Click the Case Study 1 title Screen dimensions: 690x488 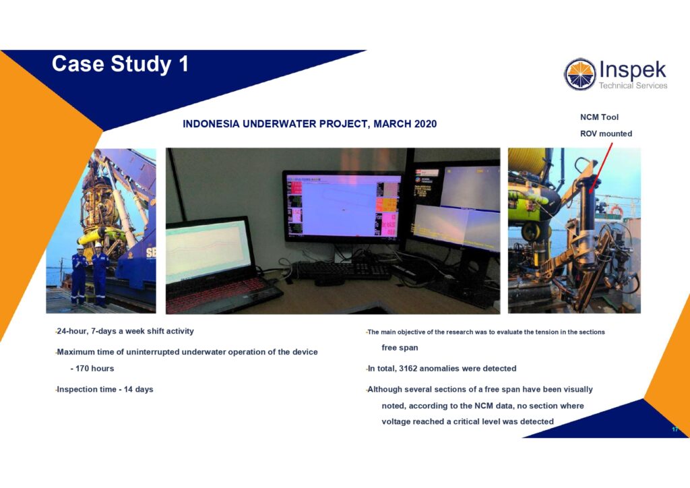[x=120, y=64]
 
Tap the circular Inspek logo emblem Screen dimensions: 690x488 [x=580, y=74]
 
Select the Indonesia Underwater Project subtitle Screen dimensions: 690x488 [x=310, y=124]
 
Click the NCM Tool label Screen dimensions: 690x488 [x=599, y=117]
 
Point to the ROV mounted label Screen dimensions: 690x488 [x=606, y=133]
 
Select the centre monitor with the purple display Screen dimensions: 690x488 [x=342, y=206]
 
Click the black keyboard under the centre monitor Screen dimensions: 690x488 [x=342, y=270]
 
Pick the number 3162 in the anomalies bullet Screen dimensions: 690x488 [x=408, y=368]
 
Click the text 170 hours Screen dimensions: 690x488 [x=94, y=368]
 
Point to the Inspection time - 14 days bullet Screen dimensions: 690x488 [x=104, y=390]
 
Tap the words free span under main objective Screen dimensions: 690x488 [x=400, y=348]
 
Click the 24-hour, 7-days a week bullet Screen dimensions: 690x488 [x=125, y=331]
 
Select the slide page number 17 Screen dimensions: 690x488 [x=675, y=429]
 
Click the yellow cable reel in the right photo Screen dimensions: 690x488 [x=528, y=161]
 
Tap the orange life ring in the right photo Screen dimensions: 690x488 [x=616, y=211]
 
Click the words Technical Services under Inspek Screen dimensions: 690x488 [x=633, y=86]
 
